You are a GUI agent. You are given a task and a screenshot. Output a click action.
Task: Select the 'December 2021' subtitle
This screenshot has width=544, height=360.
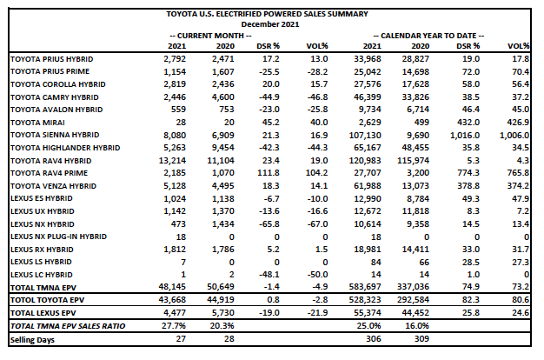(269, 24)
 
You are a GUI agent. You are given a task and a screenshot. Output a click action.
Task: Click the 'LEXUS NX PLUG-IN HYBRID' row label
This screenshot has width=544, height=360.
(57, 237)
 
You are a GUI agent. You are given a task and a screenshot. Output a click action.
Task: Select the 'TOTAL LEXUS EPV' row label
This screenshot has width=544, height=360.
(42, 310)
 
